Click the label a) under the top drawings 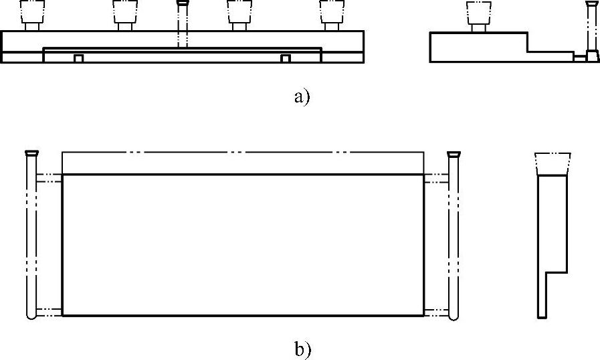pyautogui.click(x=302, y=97)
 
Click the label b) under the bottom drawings pyautogui.click(x=302, y=349)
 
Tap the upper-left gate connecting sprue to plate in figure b pyautogui.click(x=49, y=178)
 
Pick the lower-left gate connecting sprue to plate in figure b pyautogui.click(x=49, y=311)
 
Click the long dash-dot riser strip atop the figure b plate pyautogui.click(x=242, y=163)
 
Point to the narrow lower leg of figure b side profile pyautogui.click(x=542, y=294)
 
